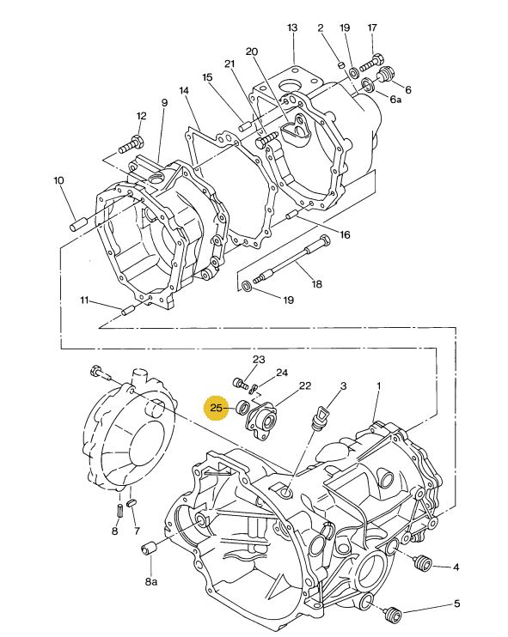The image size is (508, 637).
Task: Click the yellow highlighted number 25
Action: tap(216, 407)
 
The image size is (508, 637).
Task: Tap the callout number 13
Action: tap(292, 27)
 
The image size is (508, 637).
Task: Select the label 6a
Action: tap(395, 99)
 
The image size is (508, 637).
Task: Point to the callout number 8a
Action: tap(151, 582)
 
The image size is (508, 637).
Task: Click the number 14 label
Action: tap(184, 90)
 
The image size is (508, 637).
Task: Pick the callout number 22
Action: tap(305, 386)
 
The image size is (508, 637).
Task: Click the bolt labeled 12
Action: tap(131, 146)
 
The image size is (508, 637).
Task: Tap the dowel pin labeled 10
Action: tap(79, 224)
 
